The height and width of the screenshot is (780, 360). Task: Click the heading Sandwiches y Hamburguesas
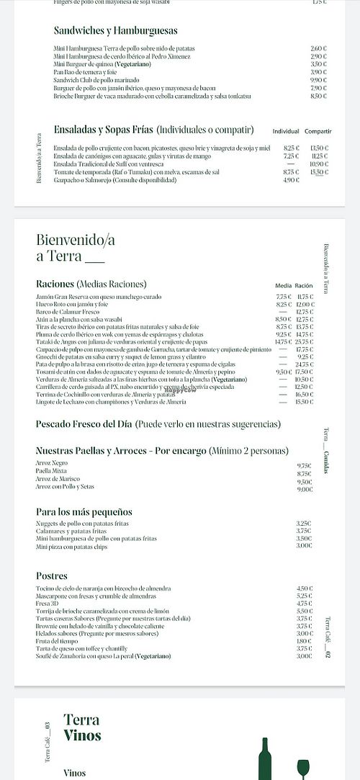click(115, 31)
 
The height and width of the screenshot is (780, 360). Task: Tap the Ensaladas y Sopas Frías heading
click(104, 130)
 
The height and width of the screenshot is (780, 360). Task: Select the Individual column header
click(286, 132)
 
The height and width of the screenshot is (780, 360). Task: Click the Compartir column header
click(318, 132)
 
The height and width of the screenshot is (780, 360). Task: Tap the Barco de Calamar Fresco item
click(68, 312)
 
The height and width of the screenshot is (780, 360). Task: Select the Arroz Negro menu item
click(51, 463)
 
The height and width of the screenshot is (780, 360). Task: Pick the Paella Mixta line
click(51, 471)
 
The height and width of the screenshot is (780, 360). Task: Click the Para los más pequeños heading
click(84, 511)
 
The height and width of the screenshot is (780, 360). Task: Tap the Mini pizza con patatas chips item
click(72, 547)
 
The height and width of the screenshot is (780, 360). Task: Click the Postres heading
click(52, 575)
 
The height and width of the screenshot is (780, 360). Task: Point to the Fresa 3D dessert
click(47, 604)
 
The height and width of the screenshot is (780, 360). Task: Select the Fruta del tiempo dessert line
click(57, 640)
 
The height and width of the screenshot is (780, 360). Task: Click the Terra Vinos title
click(82, 727)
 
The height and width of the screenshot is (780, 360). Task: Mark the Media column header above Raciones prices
click(284, 285)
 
